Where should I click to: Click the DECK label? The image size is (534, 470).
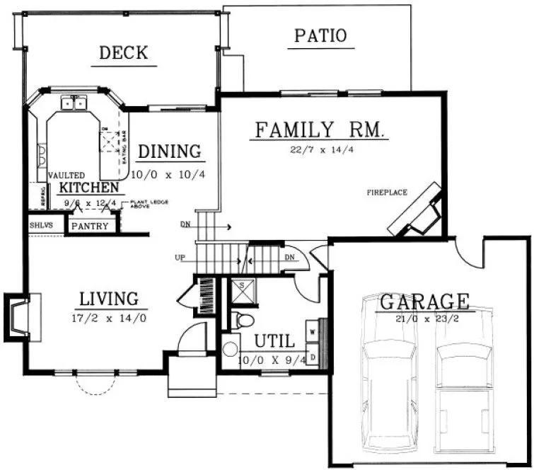[x=123, y=52]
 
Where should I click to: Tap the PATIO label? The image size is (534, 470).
[x=320, y=35]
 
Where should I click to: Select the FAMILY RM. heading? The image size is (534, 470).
[x=319, y=130]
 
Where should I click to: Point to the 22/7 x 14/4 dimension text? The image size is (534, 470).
[x=319, y=149]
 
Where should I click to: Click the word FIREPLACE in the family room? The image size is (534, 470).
[x=387, y=192]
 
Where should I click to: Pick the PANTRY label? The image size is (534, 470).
[x=89, y=227]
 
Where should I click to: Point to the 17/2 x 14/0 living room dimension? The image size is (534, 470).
[x=110, y=318]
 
